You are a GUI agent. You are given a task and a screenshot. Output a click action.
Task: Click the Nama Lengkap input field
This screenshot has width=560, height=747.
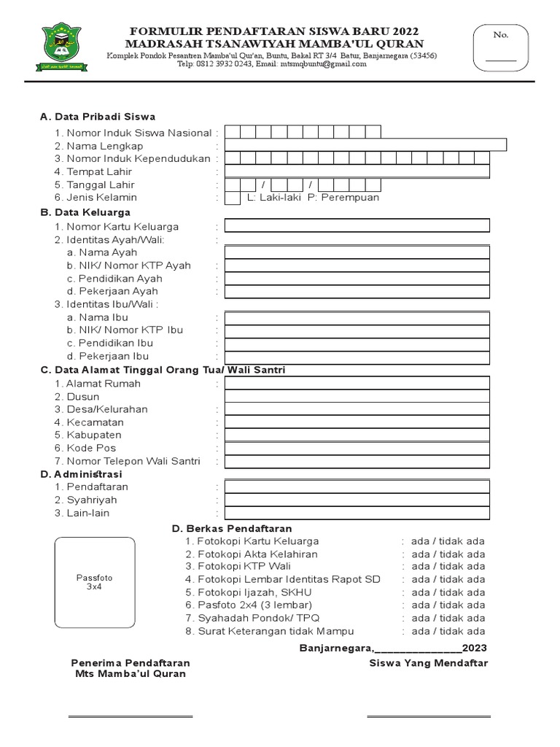[365, 145]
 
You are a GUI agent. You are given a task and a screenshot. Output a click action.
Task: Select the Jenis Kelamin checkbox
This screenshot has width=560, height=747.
[233, 198]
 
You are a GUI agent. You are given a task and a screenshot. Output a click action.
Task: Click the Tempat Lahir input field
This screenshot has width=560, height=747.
[357, 171]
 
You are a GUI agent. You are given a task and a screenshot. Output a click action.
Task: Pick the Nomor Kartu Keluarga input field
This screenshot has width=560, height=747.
[357, 227]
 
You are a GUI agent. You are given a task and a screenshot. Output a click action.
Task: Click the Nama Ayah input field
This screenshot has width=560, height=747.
[357, 252]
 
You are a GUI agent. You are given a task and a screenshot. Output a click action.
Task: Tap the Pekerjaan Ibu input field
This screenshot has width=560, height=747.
[357, 356]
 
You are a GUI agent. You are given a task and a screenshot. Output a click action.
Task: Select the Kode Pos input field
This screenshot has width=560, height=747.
[357, 448]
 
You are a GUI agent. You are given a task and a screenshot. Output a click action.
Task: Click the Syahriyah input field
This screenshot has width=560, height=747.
[357, 500]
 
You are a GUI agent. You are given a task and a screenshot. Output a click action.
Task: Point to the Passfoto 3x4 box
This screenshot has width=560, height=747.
[95, 582]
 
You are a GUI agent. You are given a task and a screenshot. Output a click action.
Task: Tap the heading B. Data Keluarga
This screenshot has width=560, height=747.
[85, 212]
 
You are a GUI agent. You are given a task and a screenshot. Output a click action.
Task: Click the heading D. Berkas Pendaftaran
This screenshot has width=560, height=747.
[231, 528]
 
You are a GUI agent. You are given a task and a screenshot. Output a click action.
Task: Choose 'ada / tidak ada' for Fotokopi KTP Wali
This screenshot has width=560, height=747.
[448, 566]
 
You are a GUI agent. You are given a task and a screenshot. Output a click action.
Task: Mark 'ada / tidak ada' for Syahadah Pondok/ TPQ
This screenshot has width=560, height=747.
[448, 618]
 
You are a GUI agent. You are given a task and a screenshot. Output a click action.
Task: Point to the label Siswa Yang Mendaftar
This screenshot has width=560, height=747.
[428, 663]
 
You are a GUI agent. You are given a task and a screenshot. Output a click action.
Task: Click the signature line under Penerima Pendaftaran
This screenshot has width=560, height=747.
[131, 716]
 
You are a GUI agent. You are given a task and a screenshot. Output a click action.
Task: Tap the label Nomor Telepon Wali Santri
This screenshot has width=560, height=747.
[133, 461]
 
